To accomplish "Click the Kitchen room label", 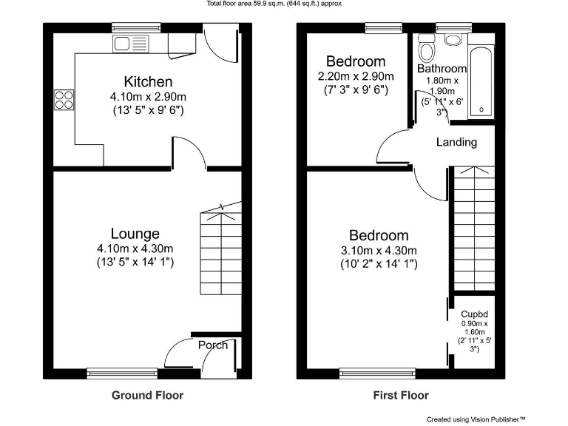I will tap(148, 81).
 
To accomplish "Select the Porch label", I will tap(213, 345).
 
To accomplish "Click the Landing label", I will tap(456, 142).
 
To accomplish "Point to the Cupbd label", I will tap(473, 314).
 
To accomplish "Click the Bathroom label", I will tap(442, 69).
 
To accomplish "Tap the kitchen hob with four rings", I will tap(64, 99).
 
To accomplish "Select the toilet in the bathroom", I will tap(426, 50).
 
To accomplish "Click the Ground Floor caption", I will tap(147, 395).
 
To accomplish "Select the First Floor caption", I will tap(400, 395).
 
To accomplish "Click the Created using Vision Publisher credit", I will tap(476, 419).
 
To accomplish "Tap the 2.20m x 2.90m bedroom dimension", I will tap(356, 76).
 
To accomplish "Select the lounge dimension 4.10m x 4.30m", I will tap(135, 248).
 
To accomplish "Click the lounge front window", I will tap(122, 373).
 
